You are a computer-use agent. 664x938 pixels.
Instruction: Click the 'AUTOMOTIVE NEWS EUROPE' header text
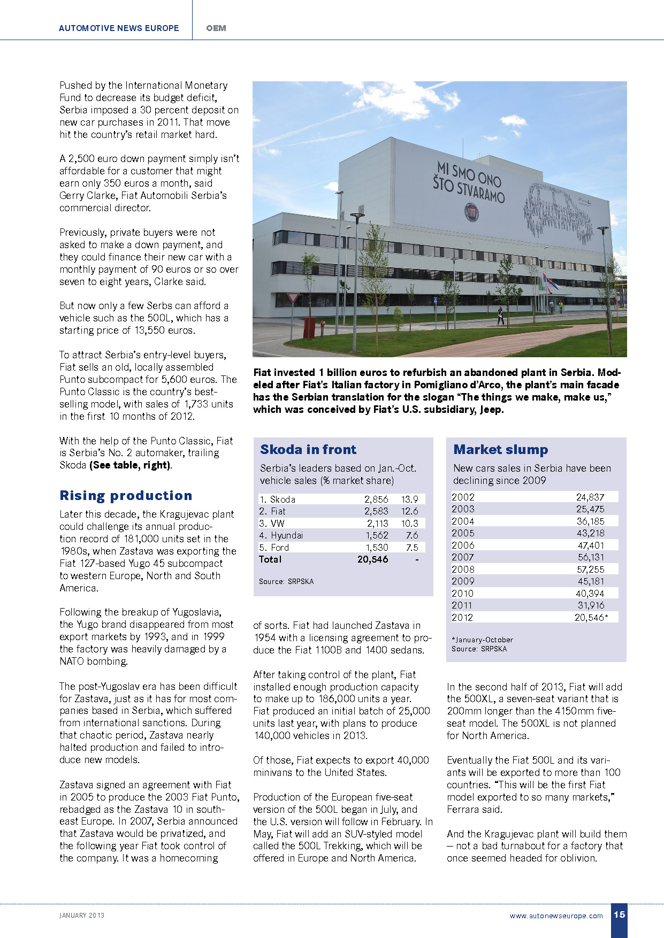pos(119,28)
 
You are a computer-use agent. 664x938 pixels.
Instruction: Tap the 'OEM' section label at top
pos(216,28)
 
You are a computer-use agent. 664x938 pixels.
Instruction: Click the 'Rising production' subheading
pos(126,496)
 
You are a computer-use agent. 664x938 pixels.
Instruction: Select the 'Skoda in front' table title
pos(308,450)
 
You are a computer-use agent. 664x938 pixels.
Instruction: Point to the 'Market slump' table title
pos(501,450)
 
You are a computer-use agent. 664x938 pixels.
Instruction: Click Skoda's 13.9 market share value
pos(410,499)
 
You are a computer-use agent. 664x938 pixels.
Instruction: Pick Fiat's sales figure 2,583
pos(376,511)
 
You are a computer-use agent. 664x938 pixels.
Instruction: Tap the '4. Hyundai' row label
pos(281,535)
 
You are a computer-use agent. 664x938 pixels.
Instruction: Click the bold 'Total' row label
pos(270,559)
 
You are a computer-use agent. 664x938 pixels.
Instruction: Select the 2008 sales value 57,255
pos(590,570)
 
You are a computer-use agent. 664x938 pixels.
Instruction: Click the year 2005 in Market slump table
pos(463,533)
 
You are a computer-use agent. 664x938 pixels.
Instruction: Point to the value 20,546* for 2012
pos(591,618)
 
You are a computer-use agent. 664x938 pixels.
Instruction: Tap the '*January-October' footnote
pos(482,640)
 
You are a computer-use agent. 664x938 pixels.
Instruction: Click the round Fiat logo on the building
pos(471,212)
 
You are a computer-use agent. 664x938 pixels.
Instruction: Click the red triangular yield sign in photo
pos(293,298)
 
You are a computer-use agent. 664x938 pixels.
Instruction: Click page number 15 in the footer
pos(619,914)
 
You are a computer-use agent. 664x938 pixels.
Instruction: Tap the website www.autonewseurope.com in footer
pos(556,916)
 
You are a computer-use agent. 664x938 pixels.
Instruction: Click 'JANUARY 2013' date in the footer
pos(82,916)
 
